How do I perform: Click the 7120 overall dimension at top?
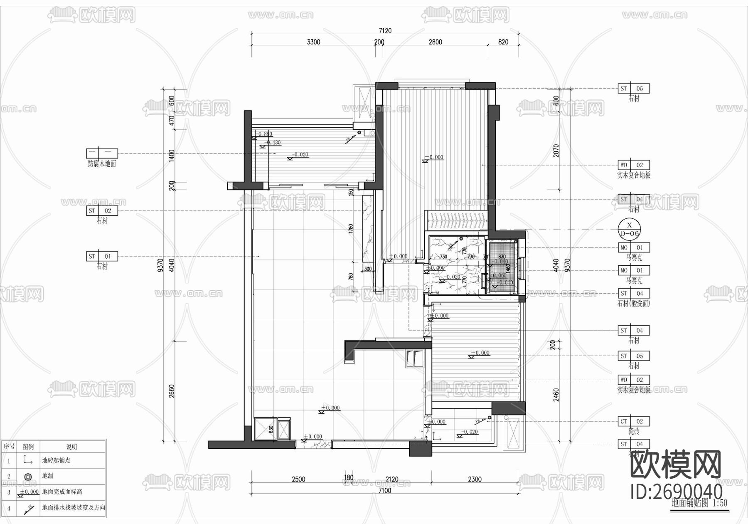click(x=385, y=31)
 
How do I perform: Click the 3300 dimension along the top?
click(x=313, y=42)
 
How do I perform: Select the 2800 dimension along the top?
click(x=435, y=42)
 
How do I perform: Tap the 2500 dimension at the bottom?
click(x=298, y=479)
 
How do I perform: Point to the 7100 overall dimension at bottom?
click(x=385, y=490)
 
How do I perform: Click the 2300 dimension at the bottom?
click(x=475, y=479)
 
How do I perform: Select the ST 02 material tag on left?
click(x=102, y=211)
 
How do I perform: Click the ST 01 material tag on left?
click(x=102, y=256)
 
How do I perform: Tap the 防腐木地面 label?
click(x=102, y=164)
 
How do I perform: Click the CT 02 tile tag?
click(x=633, y=421)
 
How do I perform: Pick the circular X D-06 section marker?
click(x=629, y=229)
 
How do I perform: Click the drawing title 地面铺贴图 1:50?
click(x=699, y=503)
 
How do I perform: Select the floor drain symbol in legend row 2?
click(x=28, y=477)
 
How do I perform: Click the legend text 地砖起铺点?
click(x=56, y=460)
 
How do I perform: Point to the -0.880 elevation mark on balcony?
click(x=265, y=134)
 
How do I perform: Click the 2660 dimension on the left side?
click(x=172, y=391)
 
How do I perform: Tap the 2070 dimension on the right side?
click(x=556, y=151)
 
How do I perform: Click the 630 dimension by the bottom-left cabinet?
click(x=271, y=429)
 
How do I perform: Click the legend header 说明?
click(x=71, y=447)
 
